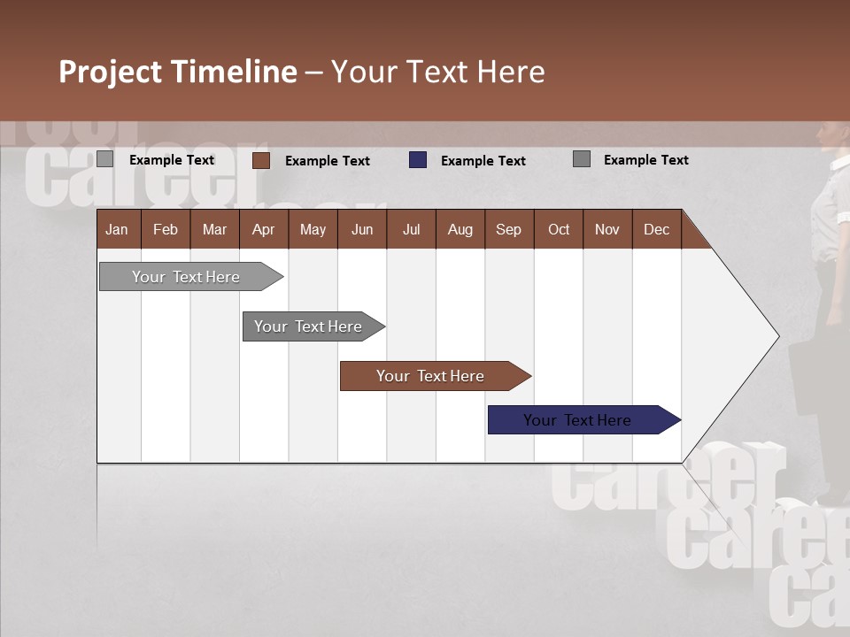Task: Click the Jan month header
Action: pyautogui.click(x=117, y=229)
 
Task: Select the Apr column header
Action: pyautogui.click(x=263, y=229)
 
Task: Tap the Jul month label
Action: pyautogui.click(x=411, y=229)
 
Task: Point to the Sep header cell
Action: pyautogui.click(x=508, y=229)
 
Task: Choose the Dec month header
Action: pyautogui.click(x=656, y=229)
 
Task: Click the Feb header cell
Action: pyautogui.click(x=166, y=229)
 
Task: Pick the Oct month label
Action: pyautogui.click(x=559, y=229)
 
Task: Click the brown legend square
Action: pyautogui.click(x=261, y=160)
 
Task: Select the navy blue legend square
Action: pyautogui.click(x=418, y=160)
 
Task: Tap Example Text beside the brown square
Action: pyautogui.click(x=328, y=161)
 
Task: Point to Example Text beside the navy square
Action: pyautogui.click(x=483, y=161)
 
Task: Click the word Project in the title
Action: pyautogui.click(x=111, y=72)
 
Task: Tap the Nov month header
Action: pyautogui.click(x=607, y=229)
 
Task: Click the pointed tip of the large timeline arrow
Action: pyautogui.click(x=777, y=336)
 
